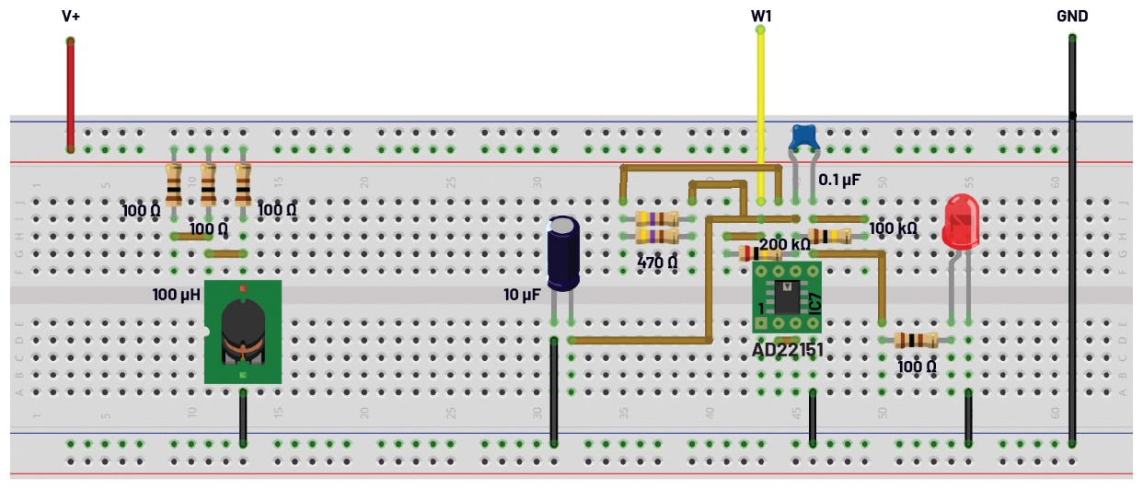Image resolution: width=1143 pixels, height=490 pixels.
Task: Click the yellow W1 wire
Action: (760, 111)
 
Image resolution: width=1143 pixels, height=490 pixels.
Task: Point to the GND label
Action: (1072, 16)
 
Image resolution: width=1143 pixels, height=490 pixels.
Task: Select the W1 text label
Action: (761, 17)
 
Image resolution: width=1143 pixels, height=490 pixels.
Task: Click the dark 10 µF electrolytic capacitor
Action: (563, 252)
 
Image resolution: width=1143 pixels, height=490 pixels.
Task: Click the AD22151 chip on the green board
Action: (786, 297)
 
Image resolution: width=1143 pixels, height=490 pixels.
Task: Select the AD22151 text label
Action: (788, 350)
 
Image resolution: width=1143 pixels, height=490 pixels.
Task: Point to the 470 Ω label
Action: (657, 262)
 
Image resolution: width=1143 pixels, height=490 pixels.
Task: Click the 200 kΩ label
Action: (785, 244)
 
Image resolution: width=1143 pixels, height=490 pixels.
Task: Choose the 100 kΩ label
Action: (893, 227)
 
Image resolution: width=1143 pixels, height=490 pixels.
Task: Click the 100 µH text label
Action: (177, 296)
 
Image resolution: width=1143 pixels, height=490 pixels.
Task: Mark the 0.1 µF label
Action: (839, 181)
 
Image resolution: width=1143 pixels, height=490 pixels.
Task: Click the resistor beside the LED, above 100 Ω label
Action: (917, 340)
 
